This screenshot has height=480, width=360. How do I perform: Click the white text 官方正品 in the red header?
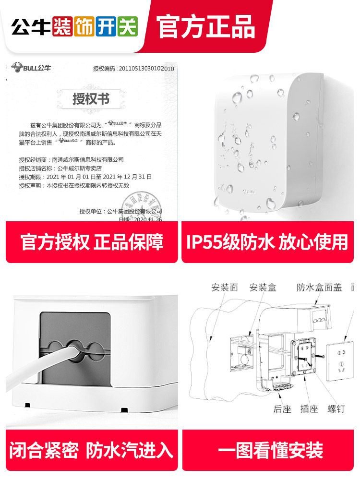(206, 26)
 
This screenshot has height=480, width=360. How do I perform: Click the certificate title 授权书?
(91, 99)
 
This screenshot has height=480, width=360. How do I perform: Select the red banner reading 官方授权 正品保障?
(92, 242)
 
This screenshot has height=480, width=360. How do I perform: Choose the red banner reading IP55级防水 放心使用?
(267, 242)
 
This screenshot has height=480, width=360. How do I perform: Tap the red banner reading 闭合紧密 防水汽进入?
(92, 450)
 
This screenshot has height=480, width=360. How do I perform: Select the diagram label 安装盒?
(263, 288)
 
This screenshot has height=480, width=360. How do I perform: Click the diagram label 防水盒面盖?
(319, 288)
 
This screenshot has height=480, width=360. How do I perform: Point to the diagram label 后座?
(282, 409)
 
